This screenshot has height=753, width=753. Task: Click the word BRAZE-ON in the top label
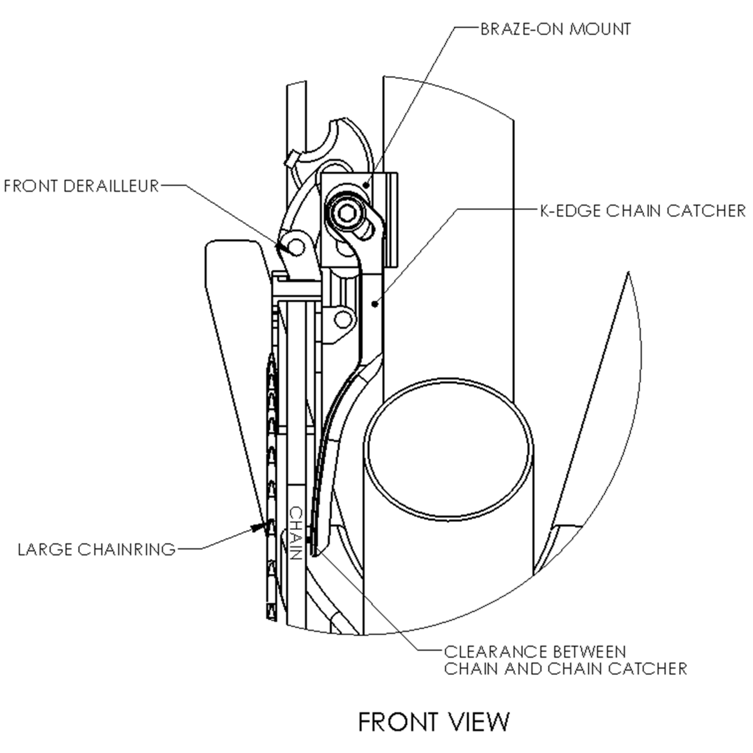[x=521, y=29]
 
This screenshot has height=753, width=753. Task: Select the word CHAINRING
[x=127, y=549]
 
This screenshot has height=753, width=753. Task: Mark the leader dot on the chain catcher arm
[x=375, y=304]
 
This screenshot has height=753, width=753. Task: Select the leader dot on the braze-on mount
[x=367, y=185]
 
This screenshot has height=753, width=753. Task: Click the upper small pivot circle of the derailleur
[x=296, y=246]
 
